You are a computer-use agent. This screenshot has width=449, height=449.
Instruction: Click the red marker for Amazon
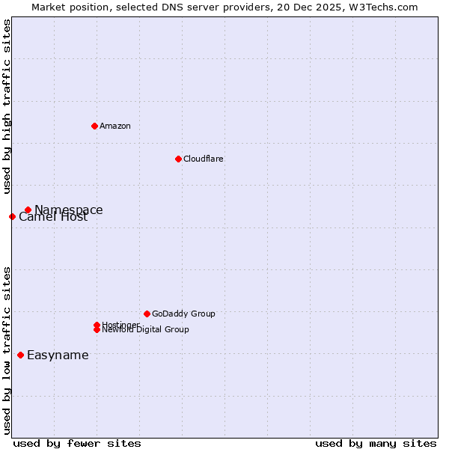coord(94,126)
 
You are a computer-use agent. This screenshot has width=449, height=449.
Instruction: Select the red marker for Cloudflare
coord(178,159)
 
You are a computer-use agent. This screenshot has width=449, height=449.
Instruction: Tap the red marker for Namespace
coord(28,210)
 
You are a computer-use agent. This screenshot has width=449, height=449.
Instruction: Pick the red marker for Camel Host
coord(12,216)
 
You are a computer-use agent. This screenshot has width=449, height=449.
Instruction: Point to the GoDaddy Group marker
coord(147,314)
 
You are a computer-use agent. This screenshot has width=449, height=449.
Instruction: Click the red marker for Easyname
coord(20,355)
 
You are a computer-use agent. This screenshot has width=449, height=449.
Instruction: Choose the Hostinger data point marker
coord(97,325)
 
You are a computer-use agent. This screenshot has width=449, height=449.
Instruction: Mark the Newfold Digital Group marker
coord(97,329)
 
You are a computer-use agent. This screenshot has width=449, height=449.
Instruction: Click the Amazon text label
coord(115,126)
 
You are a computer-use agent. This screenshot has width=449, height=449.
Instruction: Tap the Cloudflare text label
coord(204,159)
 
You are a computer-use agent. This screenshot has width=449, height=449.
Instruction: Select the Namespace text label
coord(69,210)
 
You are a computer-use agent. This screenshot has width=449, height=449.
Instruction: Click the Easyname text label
coord(58,355)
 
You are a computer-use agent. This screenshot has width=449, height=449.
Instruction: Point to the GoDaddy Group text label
coord(183,314)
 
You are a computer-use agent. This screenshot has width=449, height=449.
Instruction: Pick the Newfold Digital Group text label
coord(145,330)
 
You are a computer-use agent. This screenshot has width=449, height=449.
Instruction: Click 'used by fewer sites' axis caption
coord(77,443)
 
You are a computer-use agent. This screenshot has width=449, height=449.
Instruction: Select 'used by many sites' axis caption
coord(376,443)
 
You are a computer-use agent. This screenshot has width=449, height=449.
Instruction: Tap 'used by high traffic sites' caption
coord(7,107)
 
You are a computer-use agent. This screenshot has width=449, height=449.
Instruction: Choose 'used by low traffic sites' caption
coord(7,349)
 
